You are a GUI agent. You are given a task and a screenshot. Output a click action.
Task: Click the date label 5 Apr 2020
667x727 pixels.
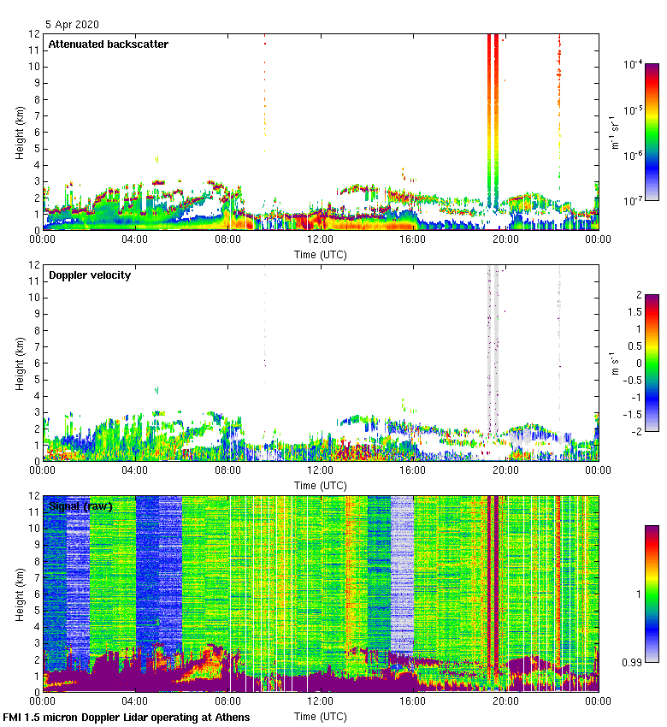(x=72, y=26)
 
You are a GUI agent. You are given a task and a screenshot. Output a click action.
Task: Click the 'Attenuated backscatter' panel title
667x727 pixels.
(x=108, y=44)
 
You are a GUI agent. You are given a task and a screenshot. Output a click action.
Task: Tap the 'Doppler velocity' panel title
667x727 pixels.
(x=90, y=275)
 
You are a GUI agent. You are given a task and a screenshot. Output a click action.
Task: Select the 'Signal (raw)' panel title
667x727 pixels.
(x=80, y=506)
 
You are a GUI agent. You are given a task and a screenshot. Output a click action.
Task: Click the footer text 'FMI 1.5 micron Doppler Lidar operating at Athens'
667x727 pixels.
(x=127, y=717)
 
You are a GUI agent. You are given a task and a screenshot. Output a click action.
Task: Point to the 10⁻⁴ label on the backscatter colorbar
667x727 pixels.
(x=634, y=65)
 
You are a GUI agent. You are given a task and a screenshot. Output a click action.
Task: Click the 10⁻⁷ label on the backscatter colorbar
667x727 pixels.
(x=634, y=201)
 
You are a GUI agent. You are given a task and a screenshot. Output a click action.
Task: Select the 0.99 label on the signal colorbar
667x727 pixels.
(x=634, y=663)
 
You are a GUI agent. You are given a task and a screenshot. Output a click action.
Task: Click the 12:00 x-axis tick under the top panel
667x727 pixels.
(x=320, y=240)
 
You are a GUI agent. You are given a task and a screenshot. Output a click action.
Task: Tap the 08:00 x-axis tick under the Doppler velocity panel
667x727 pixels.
(x=227, y=470)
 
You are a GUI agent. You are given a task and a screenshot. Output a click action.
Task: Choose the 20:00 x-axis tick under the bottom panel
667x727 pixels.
(x=505, y=701)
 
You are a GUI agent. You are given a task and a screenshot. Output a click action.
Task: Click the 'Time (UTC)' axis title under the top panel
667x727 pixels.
(x=320, y=254)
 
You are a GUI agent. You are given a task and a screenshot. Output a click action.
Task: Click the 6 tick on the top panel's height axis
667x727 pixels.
(x=35, y=132)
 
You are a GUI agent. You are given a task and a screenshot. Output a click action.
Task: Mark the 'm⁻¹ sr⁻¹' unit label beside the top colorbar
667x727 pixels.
(x=615, y=133)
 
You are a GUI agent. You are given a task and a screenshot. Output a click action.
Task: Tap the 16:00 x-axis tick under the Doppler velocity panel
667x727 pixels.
(x=412, y=470)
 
